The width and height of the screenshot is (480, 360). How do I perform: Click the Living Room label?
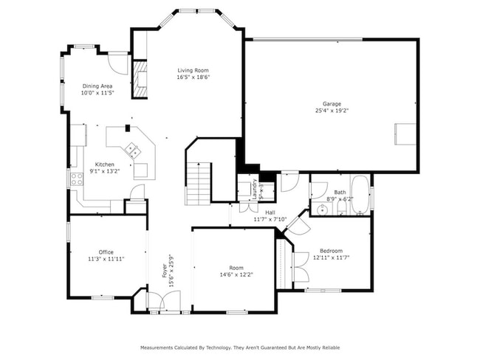192,70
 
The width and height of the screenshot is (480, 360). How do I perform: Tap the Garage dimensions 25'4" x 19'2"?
332,111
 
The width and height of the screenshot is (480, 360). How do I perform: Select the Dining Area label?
97,86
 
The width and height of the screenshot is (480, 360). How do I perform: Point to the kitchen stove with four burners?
76,179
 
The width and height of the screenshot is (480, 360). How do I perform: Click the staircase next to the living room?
198,183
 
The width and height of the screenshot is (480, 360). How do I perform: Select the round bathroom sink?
322,210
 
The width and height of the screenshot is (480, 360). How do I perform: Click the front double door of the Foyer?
164,301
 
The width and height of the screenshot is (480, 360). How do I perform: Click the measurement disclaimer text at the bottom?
240,347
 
